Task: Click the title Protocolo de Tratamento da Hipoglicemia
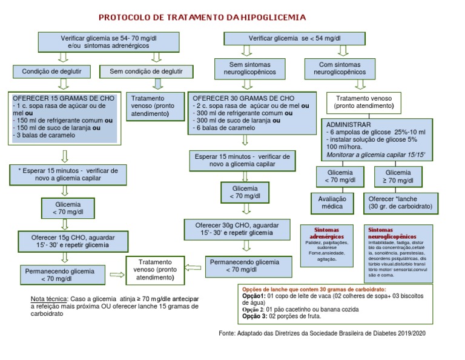(x=202, y=18)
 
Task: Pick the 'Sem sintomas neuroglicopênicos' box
(x=249, y=68)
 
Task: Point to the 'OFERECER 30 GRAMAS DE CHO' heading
(x=243, y=98)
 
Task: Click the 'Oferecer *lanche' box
(x=400, y=201)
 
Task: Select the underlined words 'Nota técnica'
(x=49, y=299)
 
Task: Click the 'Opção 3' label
(x=254, y=316)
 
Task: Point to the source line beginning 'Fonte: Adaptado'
(x=322, y=333)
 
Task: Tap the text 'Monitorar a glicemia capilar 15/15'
(x=375, y=155)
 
